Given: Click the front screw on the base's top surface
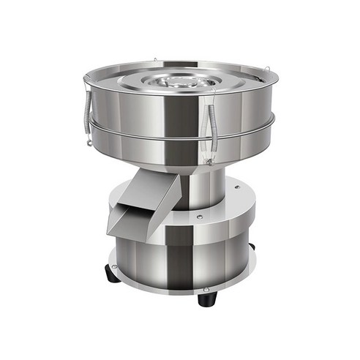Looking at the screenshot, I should [x=198, y=217].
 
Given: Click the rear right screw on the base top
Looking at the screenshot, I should [x=236, y=188].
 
